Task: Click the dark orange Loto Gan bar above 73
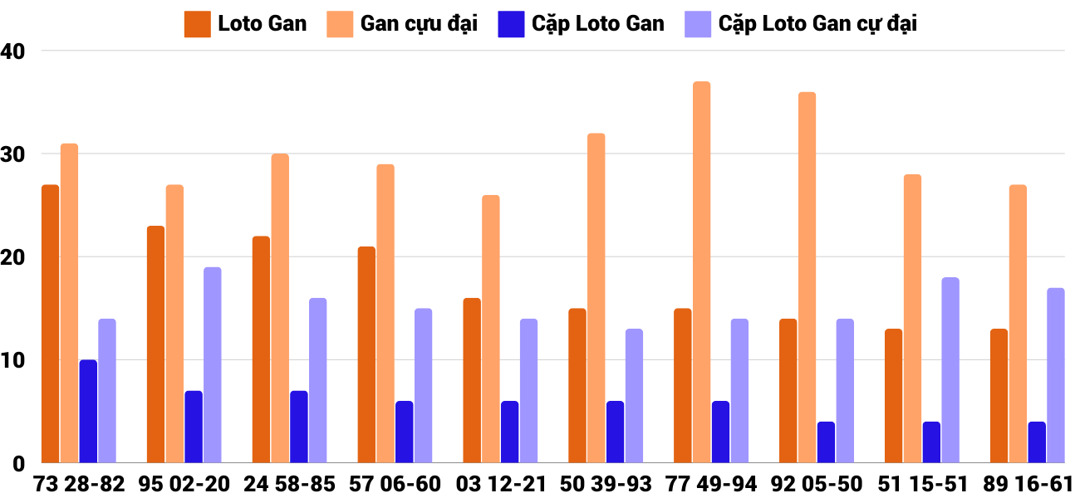pos(50,324)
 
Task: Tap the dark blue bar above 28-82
pos(88,411)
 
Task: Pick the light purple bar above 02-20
pos(212,365)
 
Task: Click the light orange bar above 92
pos(807,277)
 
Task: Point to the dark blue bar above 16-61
pos(1037,442)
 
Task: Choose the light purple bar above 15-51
pos(950,370)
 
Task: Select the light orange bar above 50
pos(596,298)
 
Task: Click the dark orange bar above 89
pos(999,396)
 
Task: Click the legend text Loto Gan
pos(262,23)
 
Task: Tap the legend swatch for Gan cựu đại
pos(339,23)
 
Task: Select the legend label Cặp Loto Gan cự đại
pos(817,23)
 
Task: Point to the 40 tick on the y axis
pos(14,51)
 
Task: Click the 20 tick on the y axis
pos(14,257)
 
